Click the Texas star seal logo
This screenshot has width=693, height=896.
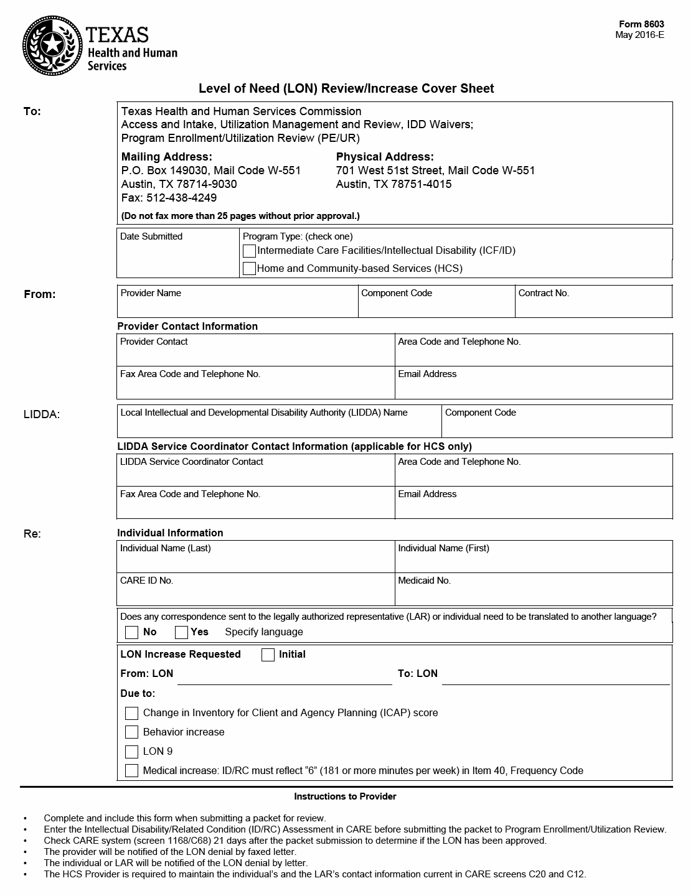[52, 45]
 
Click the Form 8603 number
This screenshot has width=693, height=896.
[641, 24]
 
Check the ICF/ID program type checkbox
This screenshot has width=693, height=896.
[249, 251]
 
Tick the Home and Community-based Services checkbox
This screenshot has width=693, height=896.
[249, 269]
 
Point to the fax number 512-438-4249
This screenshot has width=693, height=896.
[181, 198]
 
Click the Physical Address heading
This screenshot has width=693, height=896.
[385, 157]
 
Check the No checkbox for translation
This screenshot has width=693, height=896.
[131, 632]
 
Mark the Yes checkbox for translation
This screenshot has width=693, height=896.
[181, 632]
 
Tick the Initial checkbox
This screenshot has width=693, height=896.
[268, 655]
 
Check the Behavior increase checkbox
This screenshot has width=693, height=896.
[131, 732]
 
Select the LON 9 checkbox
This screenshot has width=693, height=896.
[131, 752]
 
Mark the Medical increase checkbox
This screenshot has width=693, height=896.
[131, 771]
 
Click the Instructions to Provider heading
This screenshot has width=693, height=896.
[345, 796]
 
